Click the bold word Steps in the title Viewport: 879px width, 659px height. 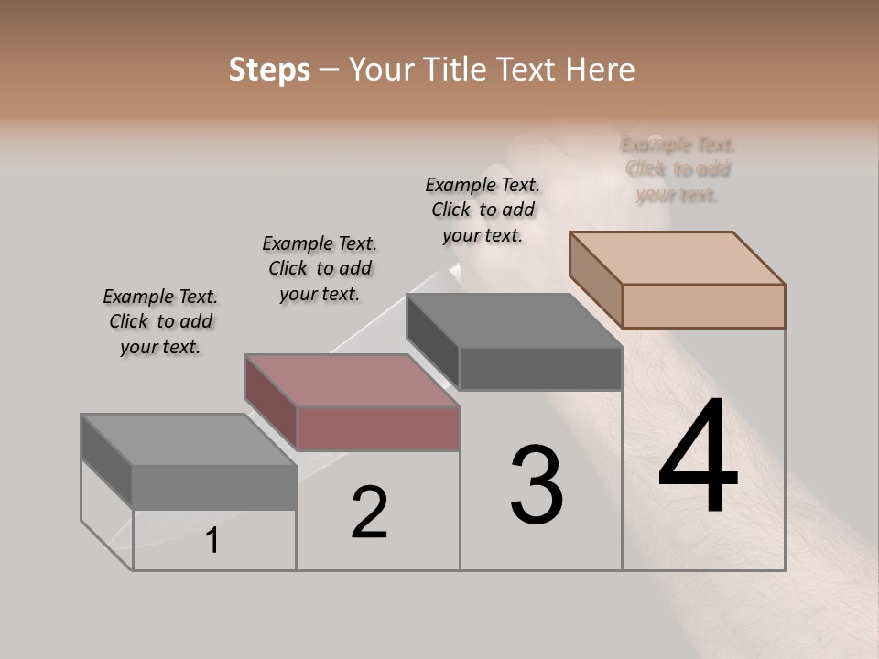coord(269,70)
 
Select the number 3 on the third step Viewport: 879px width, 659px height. coord(537,485)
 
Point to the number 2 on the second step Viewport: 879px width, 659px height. coord(369,512)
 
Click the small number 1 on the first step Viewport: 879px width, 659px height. coord(212,541)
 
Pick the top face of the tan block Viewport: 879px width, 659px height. coord(678,257)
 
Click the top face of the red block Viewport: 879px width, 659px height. coord(352,380)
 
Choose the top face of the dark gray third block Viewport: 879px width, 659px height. coord(515,320)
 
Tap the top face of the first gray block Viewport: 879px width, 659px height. coord(189,439)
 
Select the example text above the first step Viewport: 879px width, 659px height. coord(160,321)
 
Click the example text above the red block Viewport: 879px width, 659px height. coord(320,268)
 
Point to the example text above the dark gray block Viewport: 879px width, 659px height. coord(483,210)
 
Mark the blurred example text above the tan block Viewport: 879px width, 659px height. coord(678,169)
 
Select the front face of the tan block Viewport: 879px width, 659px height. coord(703,306)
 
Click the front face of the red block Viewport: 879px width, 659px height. coord(378,428)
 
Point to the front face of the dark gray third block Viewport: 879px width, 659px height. coord(540,368)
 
